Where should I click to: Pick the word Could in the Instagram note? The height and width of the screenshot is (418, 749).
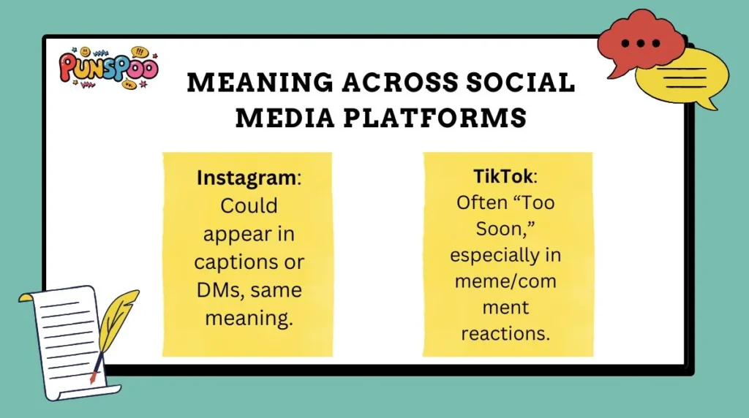point(249,206)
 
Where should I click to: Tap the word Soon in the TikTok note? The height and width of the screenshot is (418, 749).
point(477,229)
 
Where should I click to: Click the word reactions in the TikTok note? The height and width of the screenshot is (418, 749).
point(504,332)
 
